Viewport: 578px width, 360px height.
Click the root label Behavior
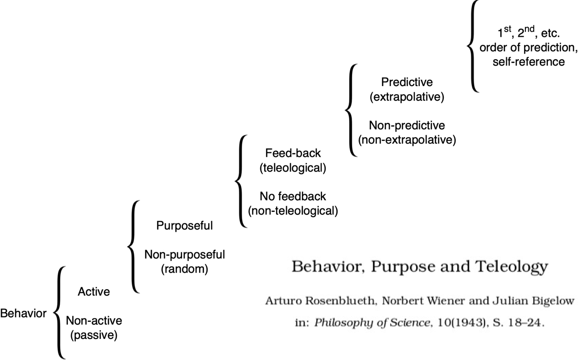pyautogui.click(x=23, y=313)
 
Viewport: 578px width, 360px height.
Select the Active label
pyautogui.click(x=94, y=292)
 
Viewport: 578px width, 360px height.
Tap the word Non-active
pyautogui.click(x=94, y=320)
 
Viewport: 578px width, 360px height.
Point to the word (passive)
pyautogui.click(x=94, y=335)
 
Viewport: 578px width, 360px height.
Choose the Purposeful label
pyautogui.click(x=184, y=226)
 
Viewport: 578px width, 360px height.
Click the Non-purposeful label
pyautogui.click(x=184, y=255)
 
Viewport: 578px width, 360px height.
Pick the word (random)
pyautogui.click(x=184, y=269)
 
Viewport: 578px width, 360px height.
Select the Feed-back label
pyautogui.click(x=293, y=153)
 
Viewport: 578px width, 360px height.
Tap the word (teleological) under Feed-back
pyautogui.click(x=293, y=168)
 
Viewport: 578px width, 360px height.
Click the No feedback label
pyautogui.click(x=293, y=196)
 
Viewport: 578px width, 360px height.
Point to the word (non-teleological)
pyautogui.click(x=293, y=211)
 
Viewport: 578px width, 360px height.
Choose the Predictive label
pyautogui.click(x=407, y=82)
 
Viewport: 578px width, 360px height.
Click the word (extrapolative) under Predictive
pyautogui.click(x=407, y=97)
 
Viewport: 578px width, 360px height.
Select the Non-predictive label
pyautogui.click(x=407, y=126)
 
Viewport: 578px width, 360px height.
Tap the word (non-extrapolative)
pyautogui.click(x=407, y=140)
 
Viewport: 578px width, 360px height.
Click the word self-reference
pyautogui.click(x=529, y=62)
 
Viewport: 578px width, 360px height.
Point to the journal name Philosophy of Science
pyautogui.click(x=372, y=323)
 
